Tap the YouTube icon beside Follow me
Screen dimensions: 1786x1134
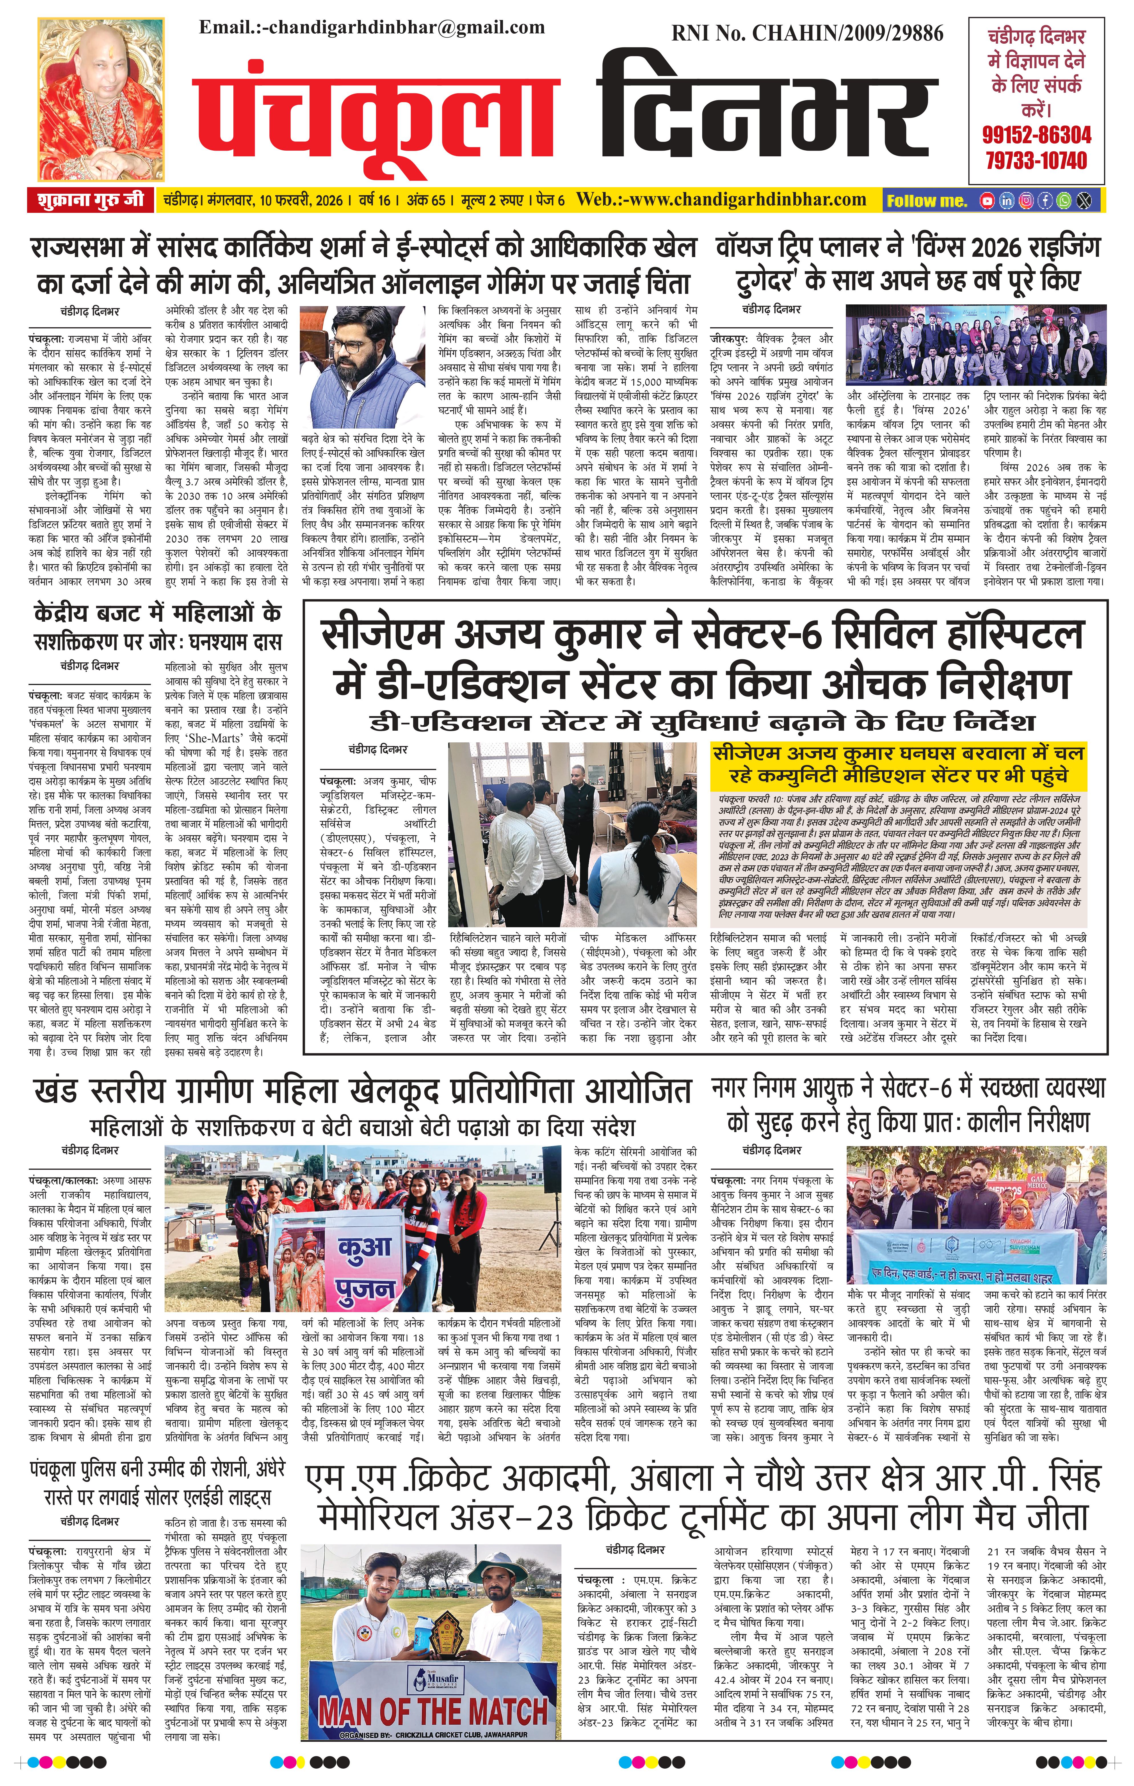click(987, 200)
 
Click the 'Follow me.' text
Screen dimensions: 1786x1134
click(927, 200)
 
